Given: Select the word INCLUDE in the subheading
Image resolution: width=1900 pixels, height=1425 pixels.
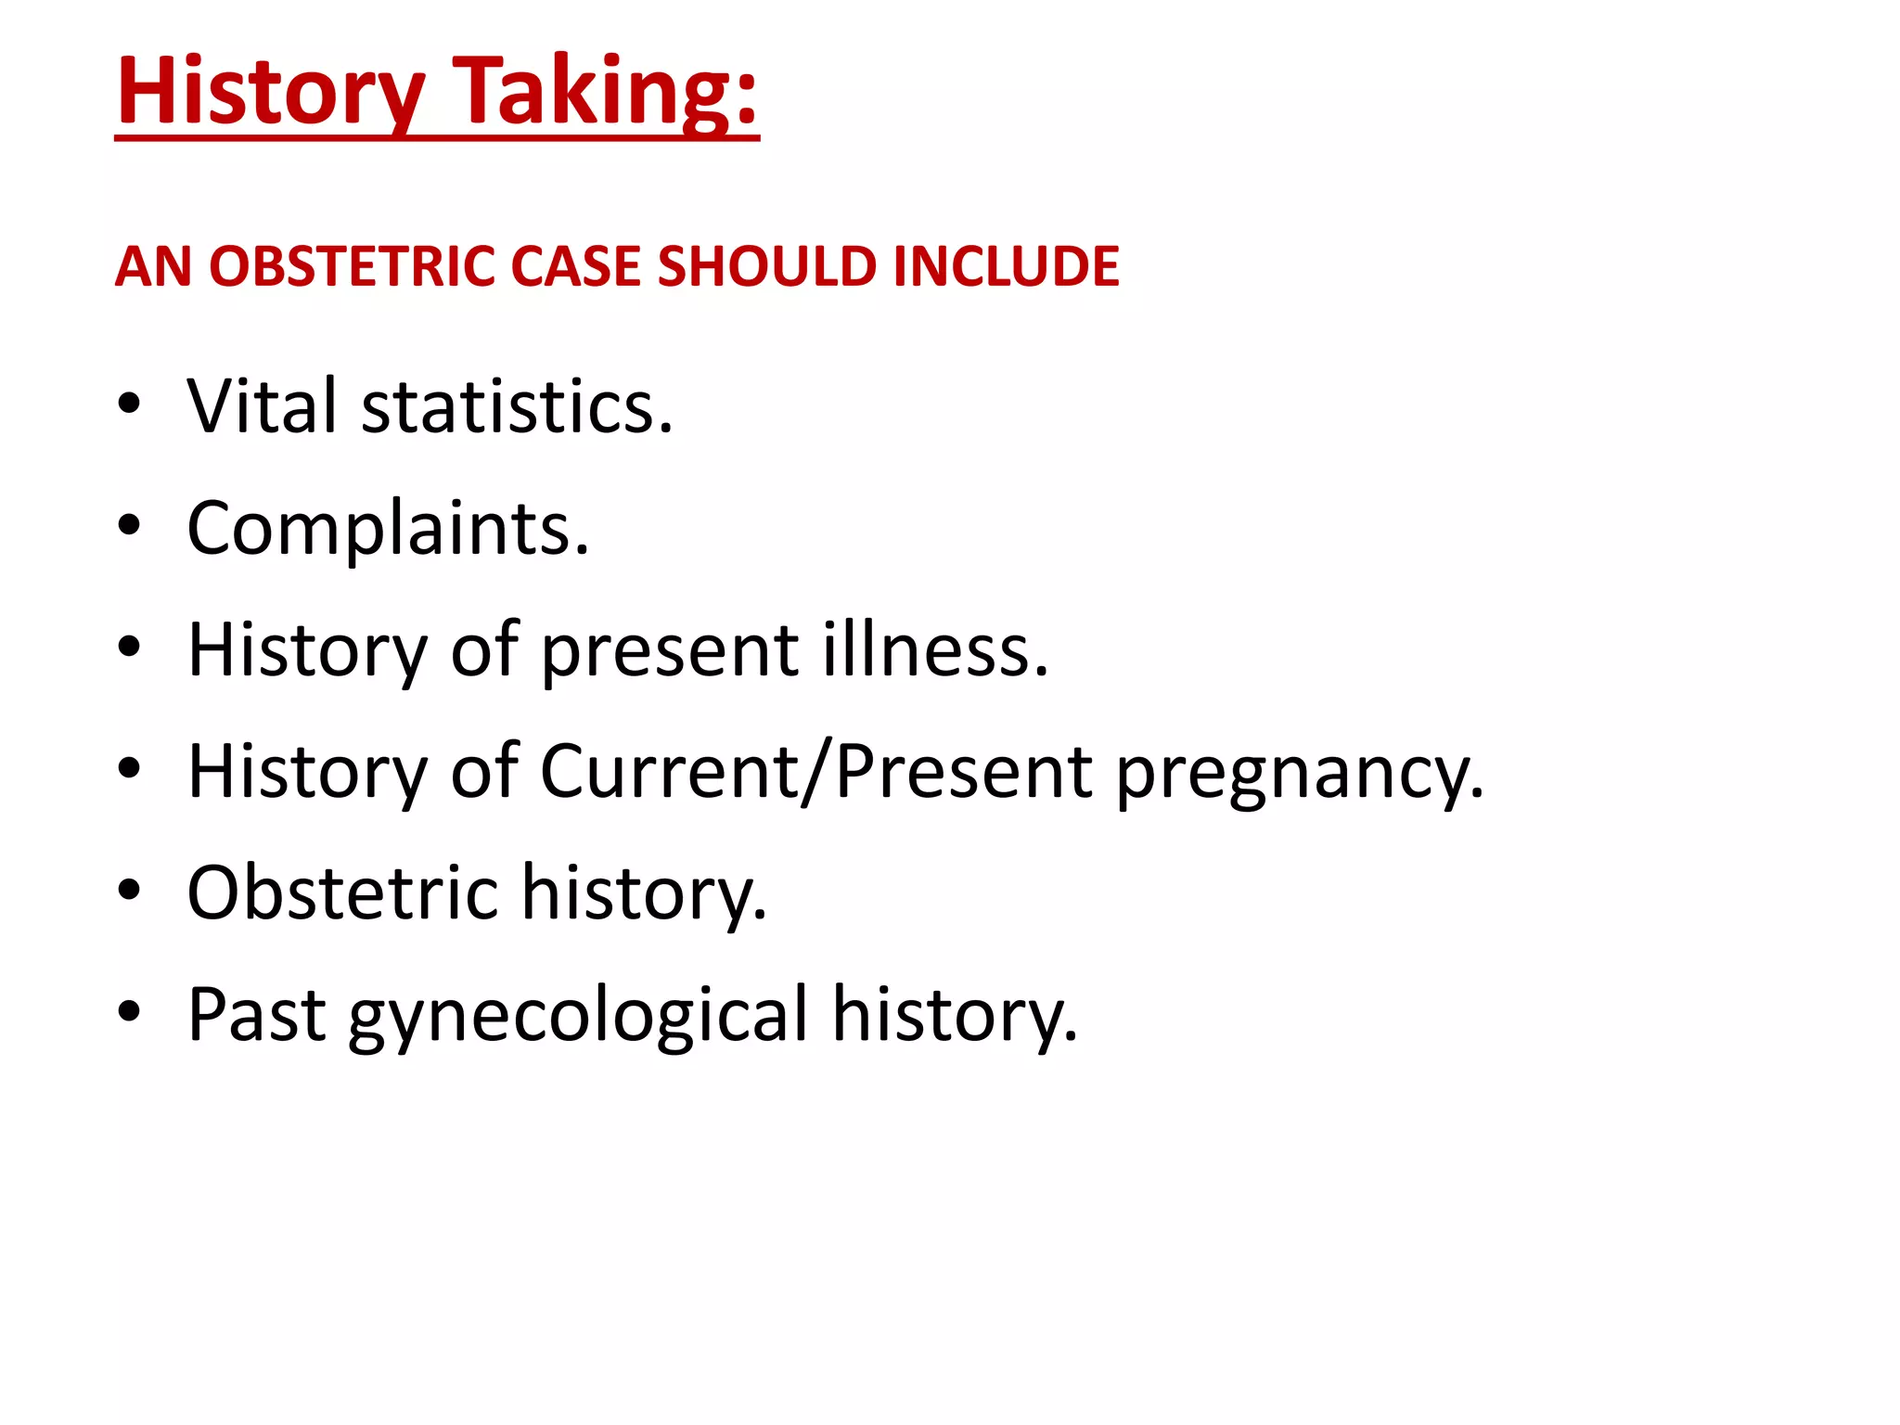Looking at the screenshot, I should pyautogui.click(x=1006, y=267).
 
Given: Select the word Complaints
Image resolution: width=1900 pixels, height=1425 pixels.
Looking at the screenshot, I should pyautogui.click(x=387, y=529).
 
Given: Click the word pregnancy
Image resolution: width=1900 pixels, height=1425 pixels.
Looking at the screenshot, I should pyautogui.click(x=1299, y=772).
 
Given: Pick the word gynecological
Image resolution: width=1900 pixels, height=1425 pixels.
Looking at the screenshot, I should pyautogui.click(x=579, y=1015).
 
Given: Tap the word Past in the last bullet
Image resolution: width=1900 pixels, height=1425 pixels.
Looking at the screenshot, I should pyautogui.click(x=256, y=1015).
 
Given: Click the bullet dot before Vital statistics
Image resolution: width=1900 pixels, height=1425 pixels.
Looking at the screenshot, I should pyautogui.click(x=129, y=404).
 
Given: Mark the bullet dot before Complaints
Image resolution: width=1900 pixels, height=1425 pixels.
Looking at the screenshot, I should pyautogui.click(x=129, y=526).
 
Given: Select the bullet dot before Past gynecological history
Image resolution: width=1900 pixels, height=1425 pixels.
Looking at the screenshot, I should pyautogui.click(x=129, y=1012).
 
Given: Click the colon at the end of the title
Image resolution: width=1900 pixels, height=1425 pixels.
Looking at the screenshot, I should pyautogui.click(x=747, y=98).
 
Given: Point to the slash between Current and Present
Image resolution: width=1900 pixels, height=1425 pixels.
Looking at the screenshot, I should pyautogui.click(x=816, y=772).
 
